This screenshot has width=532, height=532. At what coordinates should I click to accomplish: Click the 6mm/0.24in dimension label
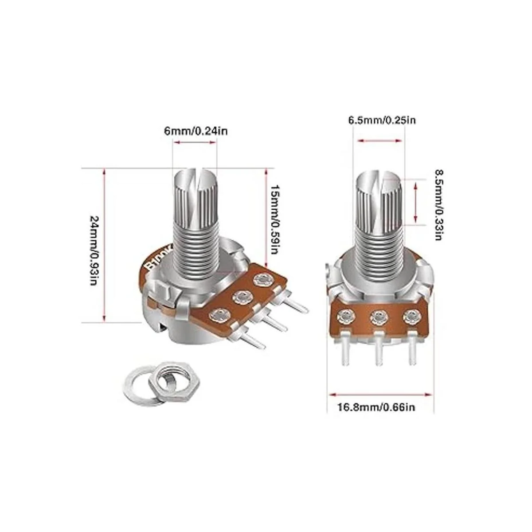(196, 131)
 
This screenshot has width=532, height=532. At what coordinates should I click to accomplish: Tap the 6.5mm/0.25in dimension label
(382, 120)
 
